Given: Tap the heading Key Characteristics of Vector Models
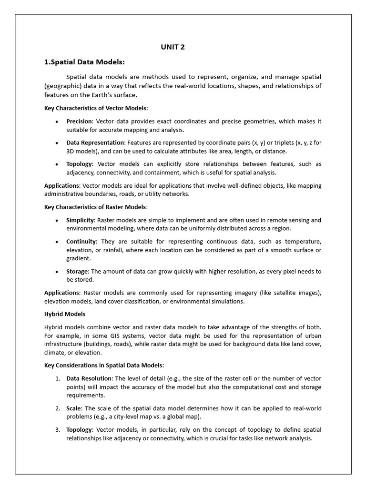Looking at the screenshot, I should tap(95, 108).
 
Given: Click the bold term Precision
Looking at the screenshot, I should tap(79, 122).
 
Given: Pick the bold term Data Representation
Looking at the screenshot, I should tap(95, 143).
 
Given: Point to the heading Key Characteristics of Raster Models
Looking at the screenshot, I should tap(95, 207).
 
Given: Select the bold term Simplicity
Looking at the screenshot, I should tap(81, 220).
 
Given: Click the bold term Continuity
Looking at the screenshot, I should tap(81, 242).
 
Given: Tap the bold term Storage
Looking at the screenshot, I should tap(77, 271).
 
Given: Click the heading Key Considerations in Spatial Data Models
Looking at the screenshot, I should tap(104, 365).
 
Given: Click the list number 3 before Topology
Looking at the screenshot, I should tap(57, 430).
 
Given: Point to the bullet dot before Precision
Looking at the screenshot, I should tap(57, 122).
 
